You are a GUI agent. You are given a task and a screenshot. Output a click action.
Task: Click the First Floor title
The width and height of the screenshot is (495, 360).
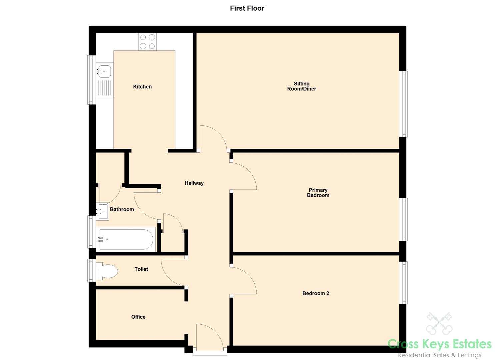pos(247,8)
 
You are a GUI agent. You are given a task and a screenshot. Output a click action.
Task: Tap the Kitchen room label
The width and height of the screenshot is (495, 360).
pos(142,87)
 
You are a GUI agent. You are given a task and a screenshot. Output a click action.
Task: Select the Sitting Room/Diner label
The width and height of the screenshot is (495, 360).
pos(301,86)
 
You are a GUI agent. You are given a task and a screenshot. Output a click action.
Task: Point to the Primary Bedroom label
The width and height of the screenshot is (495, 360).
pos(318,193)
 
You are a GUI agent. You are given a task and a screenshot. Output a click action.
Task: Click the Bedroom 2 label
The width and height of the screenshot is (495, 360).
pos(316,293)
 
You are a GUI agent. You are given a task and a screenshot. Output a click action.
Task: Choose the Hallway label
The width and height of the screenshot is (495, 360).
pos(194,183)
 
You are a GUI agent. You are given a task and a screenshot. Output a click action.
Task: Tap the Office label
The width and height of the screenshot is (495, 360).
pos(138,317)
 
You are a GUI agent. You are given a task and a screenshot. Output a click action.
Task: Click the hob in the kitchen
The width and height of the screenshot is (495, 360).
pos(147,42)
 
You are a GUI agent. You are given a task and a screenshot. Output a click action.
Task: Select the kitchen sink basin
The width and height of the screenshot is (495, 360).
pos(105,71)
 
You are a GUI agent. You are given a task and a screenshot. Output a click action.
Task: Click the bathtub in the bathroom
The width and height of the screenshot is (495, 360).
pos(126,239)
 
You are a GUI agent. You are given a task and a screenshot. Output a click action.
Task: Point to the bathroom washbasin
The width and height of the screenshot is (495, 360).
pos(103,211)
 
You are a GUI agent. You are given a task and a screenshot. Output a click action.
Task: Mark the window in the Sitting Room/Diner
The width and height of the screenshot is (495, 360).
pos(403,104)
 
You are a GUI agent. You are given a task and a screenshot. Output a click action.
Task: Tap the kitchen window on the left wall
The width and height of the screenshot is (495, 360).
pos(92,80)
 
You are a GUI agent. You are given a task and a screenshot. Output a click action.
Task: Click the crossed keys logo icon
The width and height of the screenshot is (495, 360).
pos(439,324)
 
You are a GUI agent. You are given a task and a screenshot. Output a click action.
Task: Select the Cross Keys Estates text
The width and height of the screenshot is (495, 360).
pos(439,344)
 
